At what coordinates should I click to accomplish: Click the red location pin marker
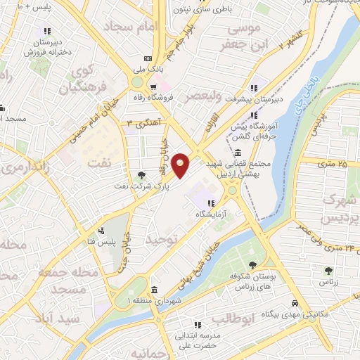(181, 165)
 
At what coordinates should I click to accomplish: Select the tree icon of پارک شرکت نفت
(143, 175)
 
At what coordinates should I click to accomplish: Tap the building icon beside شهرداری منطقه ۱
(154, 289)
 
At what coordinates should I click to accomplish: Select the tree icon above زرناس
(328, 269)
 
